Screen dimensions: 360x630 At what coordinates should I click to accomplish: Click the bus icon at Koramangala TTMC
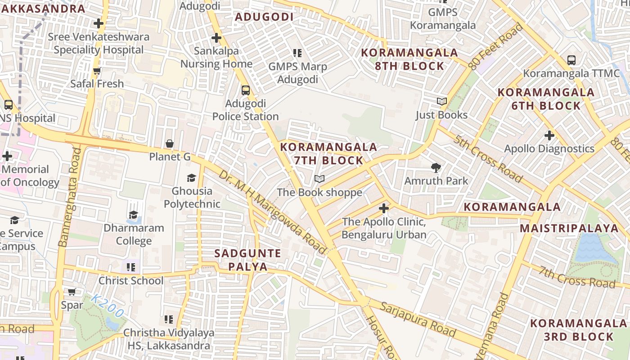571,60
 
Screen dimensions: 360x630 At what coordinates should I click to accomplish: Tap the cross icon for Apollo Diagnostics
549,135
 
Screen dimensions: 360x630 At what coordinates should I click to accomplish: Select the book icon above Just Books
442,102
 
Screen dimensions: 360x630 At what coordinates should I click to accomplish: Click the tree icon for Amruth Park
436,168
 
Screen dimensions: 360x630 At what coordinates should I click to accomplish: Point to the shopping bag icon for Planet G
170,144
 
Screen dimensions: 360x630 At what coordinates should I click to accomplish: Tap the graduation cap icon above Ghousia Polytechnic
192,178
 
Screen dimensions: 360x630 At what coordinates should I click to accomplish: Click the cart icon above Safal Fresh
97,71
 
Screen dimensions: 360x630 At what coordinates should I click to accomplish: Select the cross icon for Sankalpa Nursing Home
216,38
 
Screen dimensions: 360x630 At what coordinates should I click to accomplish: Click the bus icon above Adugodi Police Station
245,90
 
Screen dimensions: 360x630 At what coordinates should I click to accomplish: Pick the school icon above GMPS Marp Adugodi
297,54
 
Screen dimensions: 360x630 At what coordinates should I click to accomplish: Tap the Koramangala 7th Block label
328,153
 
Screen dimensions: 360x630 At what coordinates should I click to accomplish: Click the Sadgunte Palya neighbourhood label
247,260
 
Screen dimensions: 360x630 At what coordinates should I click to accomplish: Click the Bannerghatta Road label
71,197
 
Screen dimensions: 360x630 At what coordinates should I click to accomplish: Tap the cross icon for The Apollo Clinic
383,208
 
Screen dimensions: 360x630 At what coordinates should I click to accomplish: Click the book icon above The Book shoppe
319,179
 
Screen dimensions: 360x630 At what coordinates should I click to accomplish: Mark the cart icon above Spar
72,292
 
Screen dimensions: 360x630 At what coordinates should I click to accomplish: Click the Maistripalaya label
569,228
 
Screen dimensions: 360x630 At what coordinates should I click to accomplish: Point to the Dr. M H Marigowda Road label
273,211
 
